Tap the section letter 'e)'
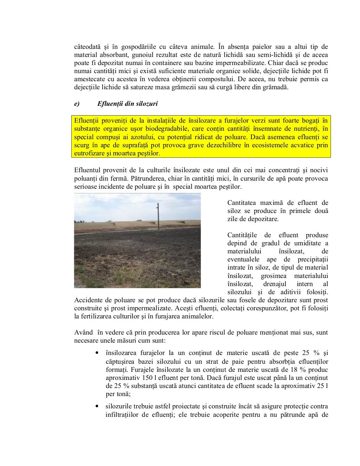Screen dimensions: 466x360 (x=77, y=104)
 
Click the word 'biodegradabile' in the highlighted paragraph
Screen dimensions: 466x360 (x=168, y=129)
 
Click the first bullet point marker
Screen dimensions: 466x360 (x=96, y=353)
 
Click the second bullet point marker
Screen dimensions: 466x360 (x=96, y=406)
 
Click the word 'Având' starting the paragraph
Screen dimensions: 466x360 (x=83, y=332)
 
